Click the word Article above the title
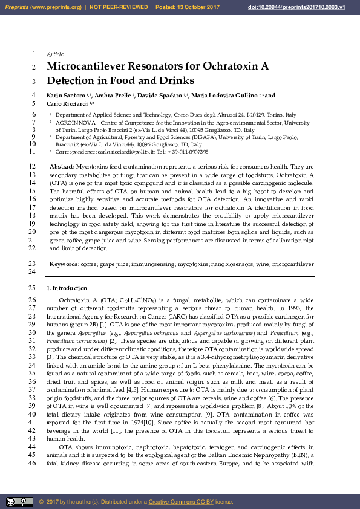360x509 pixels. click(55, 54)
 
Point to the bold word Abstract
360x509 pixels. click(62, 166)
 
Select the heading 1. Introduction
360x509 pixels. click(67, 288)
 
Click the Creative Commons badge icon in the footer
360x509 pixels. click(19, 501)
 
